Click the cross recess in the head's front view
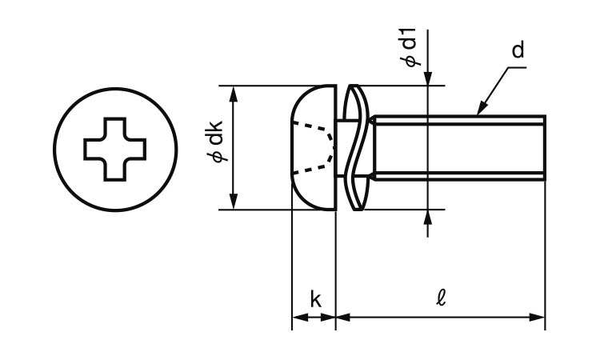[115, 149]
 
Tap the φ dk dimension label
[218, 145]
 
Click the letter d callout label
[518, 51]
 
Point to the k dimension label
[315, 300]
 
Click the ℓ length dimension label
[442, 300]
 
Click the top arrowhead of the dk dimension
[234, 92]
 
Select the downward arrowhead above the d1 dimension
[430, 78]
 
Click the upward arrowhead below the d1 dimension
[430, 217]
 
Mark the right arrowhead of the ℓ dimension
[538, 318]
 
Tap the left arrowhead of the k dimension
[297, 318]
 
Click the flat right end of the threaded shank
[545, 149]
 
